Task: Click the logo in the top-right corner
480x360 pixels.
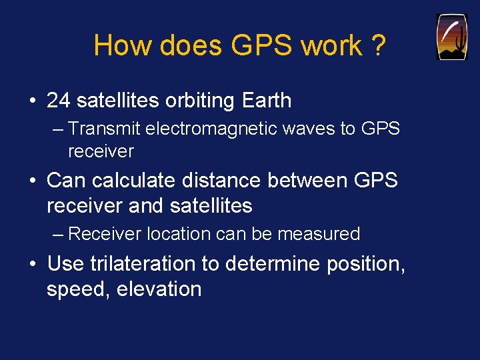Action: [451, 37]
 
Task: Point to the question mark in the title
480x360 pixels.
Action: [377, 46]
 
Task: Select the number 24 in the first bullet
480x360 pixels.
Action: [59, 101]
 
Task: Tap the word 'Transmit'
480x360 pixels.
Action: [105, 128]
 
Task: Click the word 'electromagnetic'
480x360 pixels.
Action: [217, 128]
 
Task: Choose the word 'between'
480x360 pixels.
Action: [311, 180]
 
